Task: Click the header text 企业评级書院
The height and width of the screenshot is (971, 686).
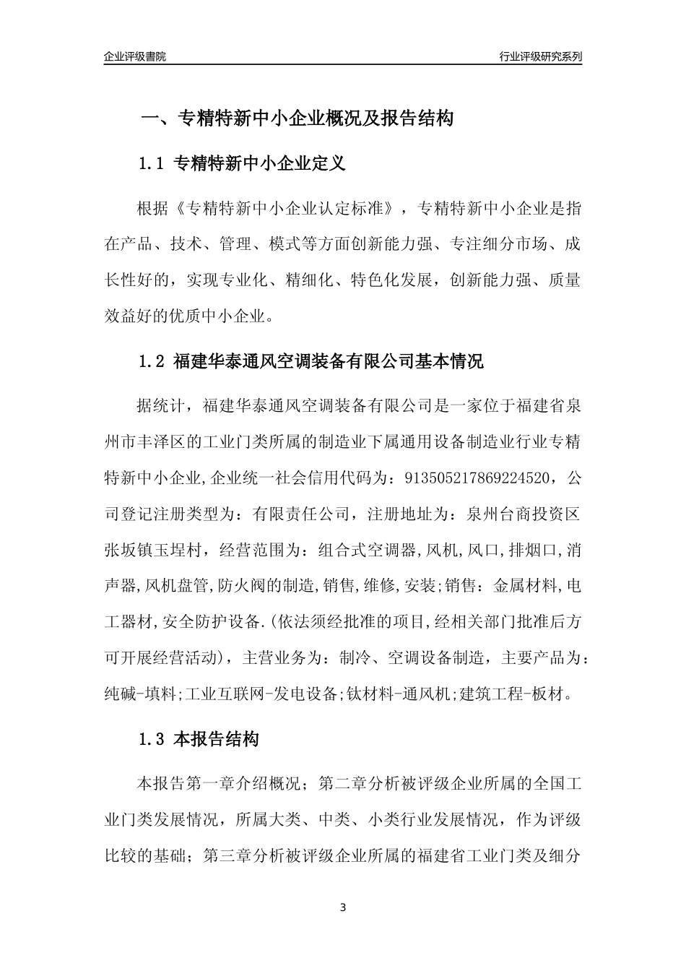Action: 135,57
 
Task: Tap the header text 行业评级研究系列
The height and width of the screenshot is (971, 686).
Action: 540,57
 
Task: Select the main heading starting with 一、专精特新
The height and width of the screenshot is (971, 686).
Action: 296,118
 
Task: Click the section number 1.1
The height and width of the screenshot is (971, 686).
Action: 152,164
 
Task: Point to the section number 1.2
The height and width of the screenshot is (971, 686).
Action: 152,362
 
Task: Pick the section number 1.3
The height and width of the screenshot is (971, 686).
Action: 152,739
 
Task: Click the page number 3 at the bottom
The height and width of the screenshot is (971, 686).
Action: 343,907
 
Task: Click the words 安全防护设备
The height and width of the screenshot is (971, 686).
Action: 217,622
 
